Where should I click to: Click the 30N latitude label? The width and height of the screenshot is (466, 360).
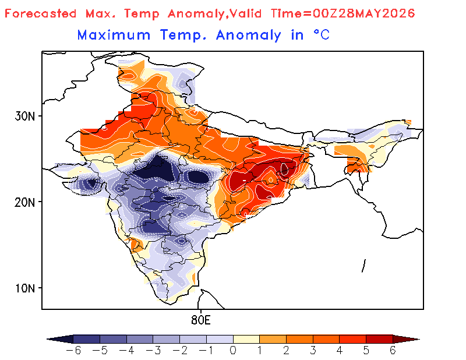(24, 117)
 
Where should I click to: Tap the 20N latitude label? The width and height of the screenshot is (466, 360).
(24, 203)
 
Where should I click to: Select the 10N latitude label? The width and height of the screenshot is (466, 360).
(24, 288)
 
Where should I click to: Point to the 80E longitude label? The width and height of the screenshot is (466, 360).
(201, 320)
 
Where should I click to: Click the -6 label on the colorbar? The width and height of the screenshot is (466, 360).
(73, 351)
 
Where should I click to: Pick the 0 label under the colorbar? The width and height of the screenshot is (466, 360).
(233, 351)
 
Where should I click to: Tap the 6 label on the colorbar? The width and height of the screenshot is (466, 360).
(393, 351)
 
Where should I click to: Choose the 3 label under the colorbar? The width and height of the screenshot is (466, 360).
(313, 351)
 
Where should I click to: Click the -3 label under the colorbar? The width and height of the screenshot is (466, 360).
(153, 351)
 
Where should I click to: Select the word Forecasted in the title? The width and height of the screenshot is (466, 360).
(40, 13)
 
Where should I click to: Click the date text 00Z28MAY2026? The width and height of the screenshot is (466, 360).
(363, 13)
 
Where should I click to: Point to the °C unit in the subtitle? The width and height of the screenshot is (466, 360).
(322, 35)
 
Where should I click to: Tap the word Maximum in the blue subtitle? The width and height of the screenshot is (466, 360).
(114, 35)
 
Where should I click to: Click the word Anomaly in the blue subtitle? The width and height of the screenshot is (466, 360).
(249, 36)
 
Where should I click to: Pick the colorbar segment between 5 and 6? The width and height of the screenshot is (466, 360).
(379, 339)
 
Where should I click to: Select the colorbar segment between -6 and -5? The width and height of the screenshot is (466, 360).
(86, 339)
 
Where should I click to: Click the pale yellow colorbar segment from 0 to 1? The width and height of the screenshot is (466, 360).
(246, 339)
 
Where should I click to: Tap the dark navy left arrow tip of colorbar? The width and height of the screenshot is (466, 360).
(47, 339)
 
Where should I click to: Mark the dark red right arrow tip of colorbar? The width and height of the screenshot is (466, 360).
(419, 339)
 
